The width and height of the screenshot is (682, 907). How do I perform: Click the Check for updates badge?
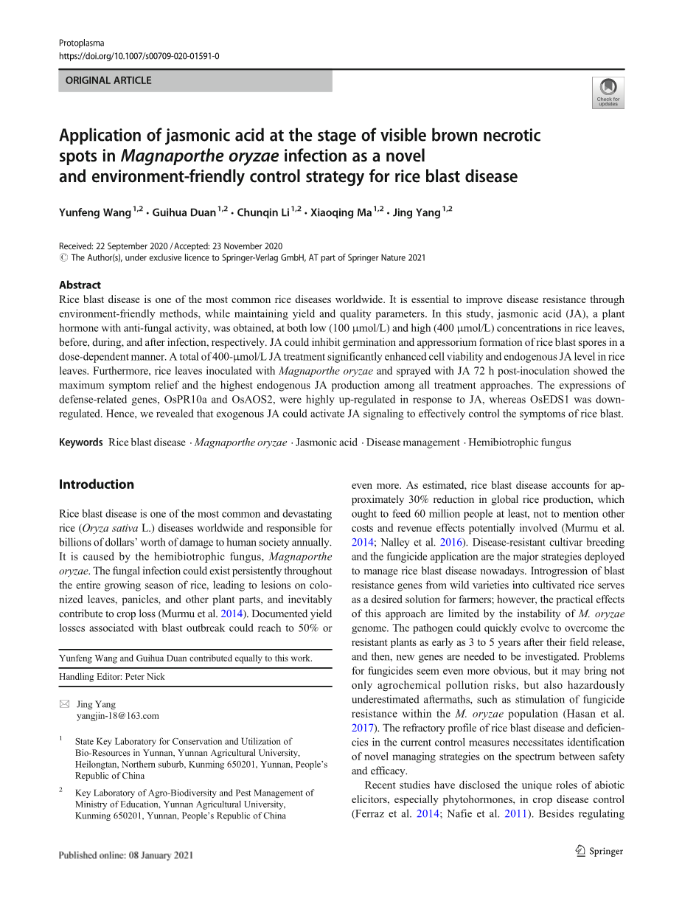pos(608,93)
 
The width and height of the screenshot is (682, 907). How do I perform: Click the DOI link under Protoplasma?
pos(139,56)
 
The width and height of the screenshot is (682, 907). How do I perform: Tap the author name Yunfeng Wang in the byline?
pos(95,213)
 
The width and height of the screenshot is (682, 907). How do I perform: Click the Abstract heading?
pos(80,285)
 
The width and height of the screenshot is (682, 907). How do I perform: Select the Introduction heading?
pos(96,484)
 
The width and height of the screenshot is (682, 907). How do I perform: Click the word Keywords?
pos(80,442)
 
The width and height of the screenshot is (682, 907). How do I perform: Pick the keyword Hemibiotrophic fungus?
pos(519,442)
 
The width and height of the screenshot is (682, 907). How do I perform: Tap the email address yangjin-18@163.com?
pos(118,715)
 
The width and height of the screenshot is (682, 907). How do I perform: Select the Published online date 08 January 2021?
pos(126,855)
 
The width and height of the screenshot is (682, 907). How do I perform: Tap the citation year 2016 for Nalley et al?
pos(450,542)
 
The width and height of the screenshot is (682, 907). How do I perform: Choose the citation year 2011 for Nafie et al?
pos(516,814)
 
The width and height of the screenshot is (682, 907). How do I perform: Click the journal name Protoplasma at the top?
pos(81,43)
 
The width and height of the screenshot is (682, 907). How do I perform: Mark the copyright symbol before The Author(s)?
pos(63,258)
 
